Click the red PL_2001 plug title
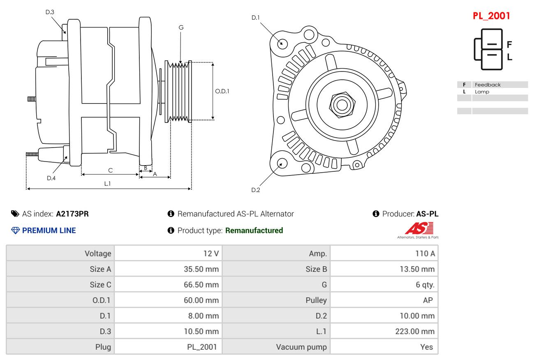point(491,16)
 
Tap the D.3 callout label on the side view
point(50,12)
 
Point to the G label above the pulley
point(181,28)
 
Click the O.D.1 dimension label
point(222,91)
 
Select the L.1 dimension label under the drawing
point(107,184)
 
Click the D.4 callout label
point(51,178)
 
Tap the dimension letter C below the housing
point(110,170)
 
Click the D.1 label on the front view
point(256,17)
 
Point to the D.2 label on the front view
point(256,190)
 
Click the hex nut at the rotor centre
point(342,105)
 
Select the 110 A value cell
point(425,254)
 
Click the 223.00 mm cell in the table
point(414,331)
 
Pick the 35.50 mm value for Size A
point(201,269)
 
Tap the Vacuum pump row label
point(301,347)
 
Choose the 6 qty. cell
point(425,285)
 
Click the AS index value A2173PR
point(72,214)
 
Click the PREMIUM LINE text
point(49,231)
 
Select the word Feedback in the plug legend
point(488,85)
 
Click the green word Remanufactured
point(254,231)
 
